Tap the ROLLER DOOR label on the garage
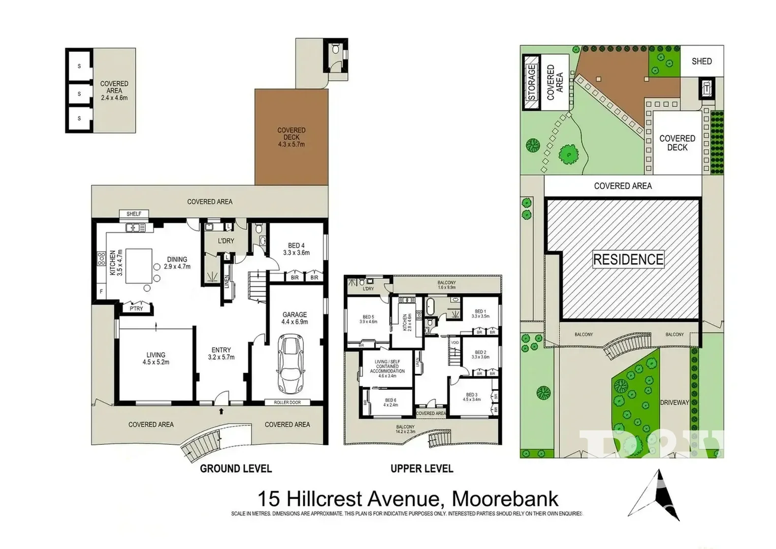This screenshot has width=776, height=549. coord(287,402)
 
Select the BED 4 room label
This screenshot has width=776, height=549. coord(296,249)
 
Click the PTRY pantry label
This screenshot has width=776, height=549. coord(136,309)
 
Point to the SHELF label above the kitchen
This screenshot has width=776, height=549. coord(134,214)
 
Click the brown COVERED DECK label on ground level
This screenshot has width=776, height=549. coord(292,137)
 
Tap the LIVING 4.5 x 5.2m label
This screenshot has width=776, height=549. coord(156,358)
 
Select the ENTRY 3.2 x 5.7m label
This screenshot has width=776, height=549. coord(221,353)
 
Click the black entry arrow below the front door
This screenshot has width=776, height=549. coord(221,411)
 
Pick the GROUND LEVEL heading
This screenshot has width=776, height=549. coord(236,469)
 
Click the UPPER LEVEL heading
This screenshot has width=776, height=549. coord(422,469)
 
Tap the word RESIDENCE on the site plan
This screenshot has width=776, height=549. coord(628,260)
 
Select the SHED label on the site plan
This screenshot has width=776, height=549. coord(701,61)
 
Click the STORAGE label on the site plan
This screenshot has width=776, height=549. coord(532,82)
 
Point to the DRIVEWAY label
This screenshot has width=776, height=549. coord(674,402)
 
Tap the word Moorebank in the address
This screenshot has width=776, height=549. coord(505,498)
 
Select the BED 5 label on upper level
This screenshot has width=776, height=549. coord(368,319)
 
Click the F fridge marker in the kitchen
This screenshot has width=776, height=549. coord(101,292)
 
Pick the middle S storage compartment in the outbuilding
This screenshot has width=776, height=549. coord(79,94)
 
